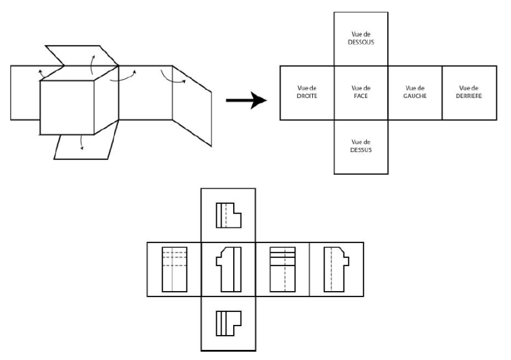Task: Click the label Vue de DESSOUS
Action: (x=361, y=38)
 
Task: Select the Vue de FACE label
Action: (x=361, y=92)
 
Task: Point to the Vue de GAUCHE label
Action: (x=415, y=92)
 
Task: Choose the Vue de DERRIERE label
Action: (x=469, y=92)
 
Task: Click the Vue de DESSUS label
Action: (x=361, y=146)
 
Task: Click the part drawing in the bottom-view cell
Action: (x=228, y=215)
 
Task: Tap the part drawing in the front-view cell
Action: (x=228, y=269)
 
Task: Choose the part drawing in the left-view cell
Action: (x=283, y=269)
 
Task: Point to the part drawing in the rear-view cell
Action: (x=336, y=269)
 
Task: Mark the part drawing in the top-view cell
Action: (x=228, y=323)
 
